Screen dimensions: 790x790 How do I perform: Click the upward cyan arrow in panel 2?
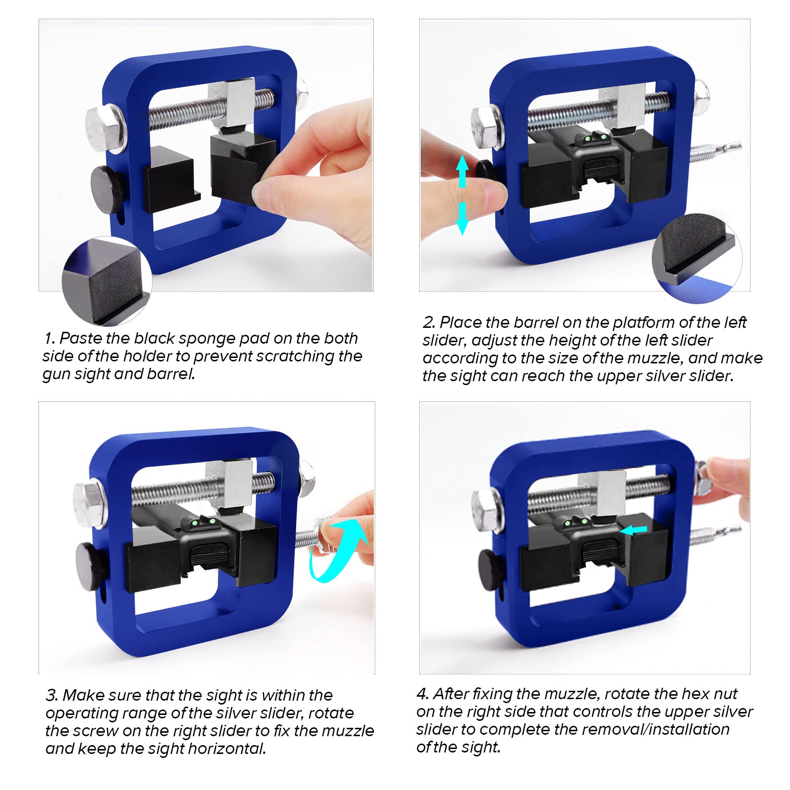pyautogui.click(x=462, y=170)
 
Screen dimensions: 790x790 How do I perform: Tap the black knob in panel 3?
pyautogui.click(x=92, y=565)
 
